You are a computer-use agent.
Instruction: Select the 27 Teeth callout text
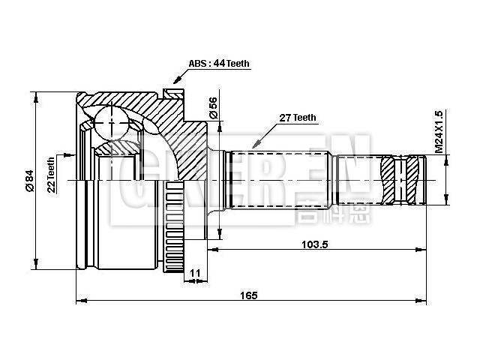[x=298, y=118]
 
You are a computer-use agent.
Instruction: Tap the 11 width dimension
[x=195, y=273]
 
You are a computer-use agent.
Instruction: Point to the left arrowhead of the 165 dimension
[x=79, y=302]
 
